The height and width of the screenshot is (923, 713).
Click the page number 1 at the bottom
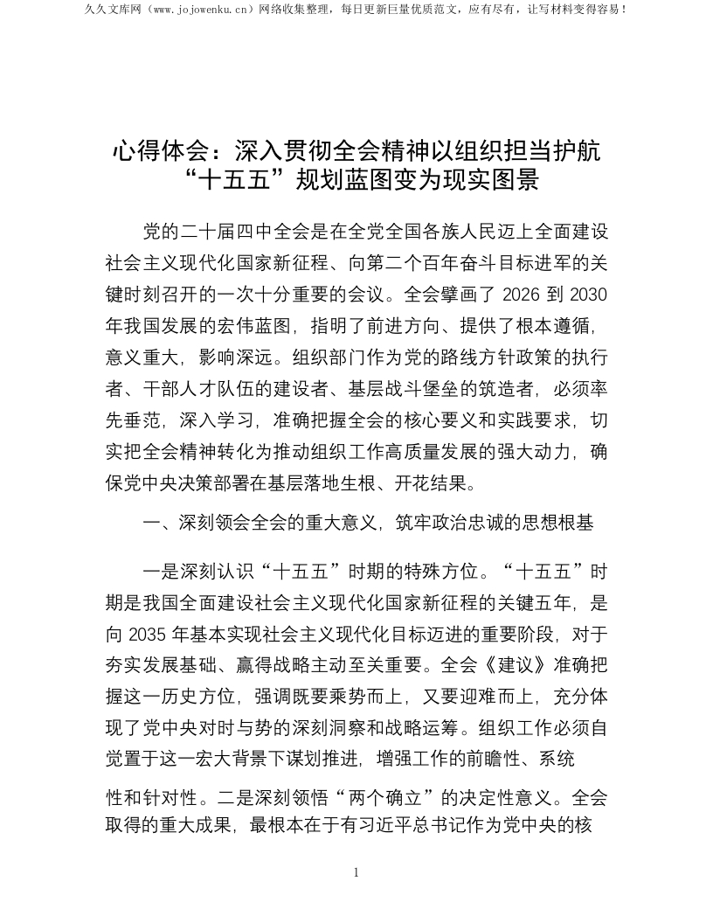[356, 872]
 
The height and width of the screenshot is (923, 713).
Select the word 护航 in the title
[578, 150]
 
